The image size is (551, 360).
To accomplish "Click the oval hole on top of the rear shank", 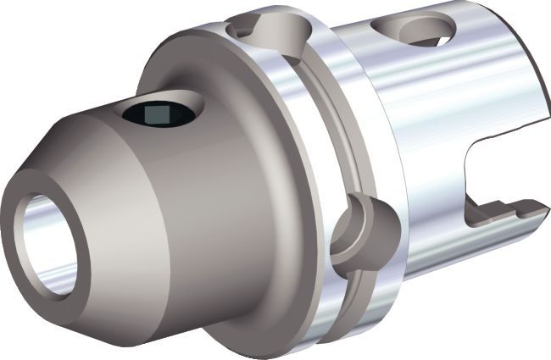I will coord(424,30).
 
